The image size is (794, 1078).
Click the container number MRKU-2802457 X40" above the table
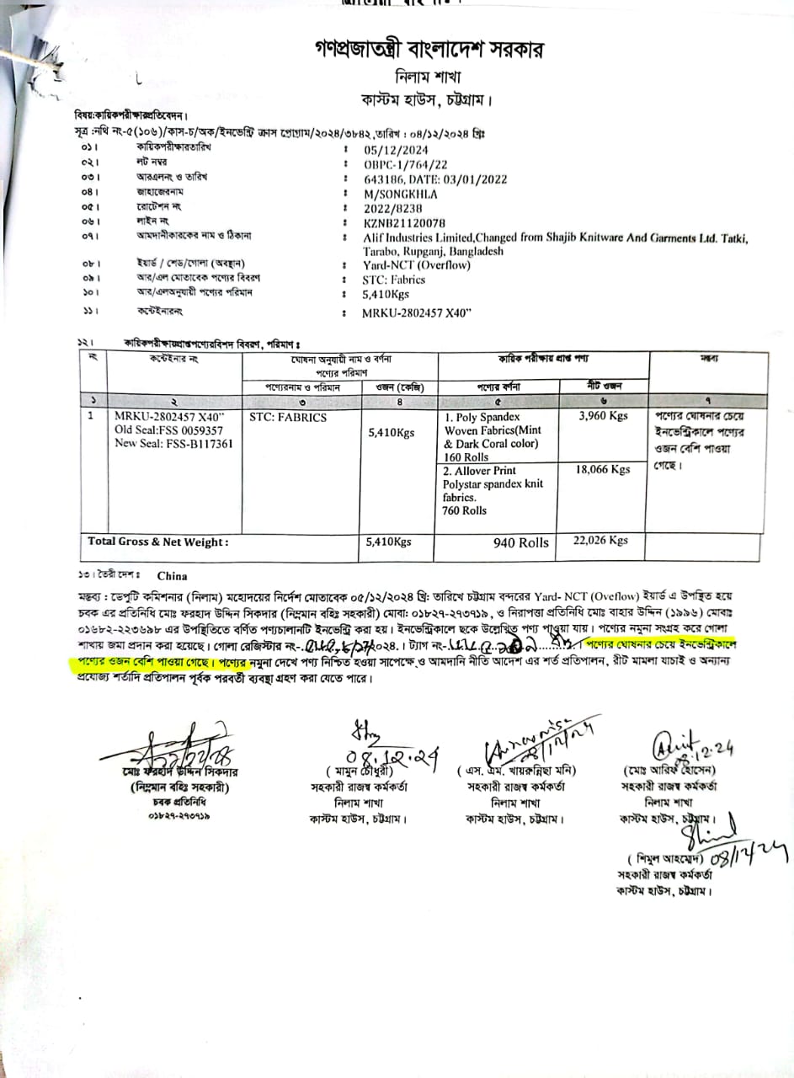[417, 313]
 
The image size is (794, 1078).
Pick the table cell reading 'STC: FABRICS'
[288, 417]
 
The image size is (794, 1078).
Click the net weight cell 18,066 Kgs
[603, 469]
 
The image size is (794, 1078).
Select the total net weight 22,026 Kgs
[600, 540]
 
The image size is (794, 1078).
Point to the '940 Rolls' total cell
[520, 543]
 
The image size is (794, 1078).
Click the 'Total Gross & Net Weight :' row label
[158, 542]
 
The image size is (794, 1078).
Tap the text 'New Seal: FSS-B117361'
[173, 444]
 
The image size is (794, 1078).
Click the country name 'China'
[172, 577]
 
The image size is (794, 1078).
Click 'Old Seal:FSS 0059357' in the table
[169, 430]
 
